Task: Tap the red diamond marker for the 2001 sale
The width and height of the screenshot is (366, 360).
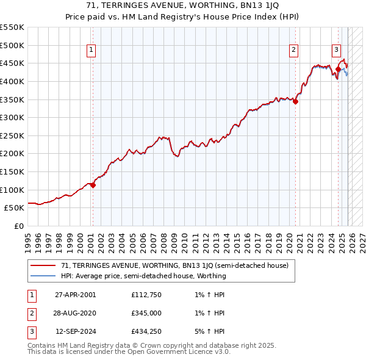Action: (93, 185)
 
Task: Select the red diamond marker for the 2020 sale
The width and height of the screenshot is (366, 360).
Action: (295, 101)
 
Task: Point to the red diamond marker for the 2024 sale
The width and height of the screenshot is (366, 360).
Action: (338, 70)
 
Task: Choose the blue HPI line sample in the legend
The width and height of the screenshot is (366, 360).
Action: (43, 276)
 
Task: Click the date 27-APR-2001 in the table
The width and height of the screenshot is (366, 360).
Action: (75, 295)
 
